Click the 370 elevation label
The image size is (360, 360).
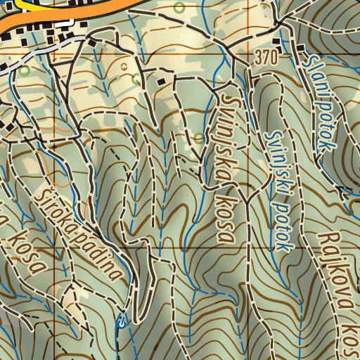(267, 57)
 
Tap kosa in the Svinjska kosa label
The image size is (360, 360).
(226, 211)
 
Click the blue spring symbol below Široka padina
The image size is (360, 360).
(122, 322)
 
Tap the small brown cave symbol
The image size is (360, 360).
(124, 65)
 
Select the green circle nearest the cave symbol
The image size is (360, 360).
(136, 79)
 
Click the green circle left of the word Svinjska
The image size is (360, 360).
(198, 138)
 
